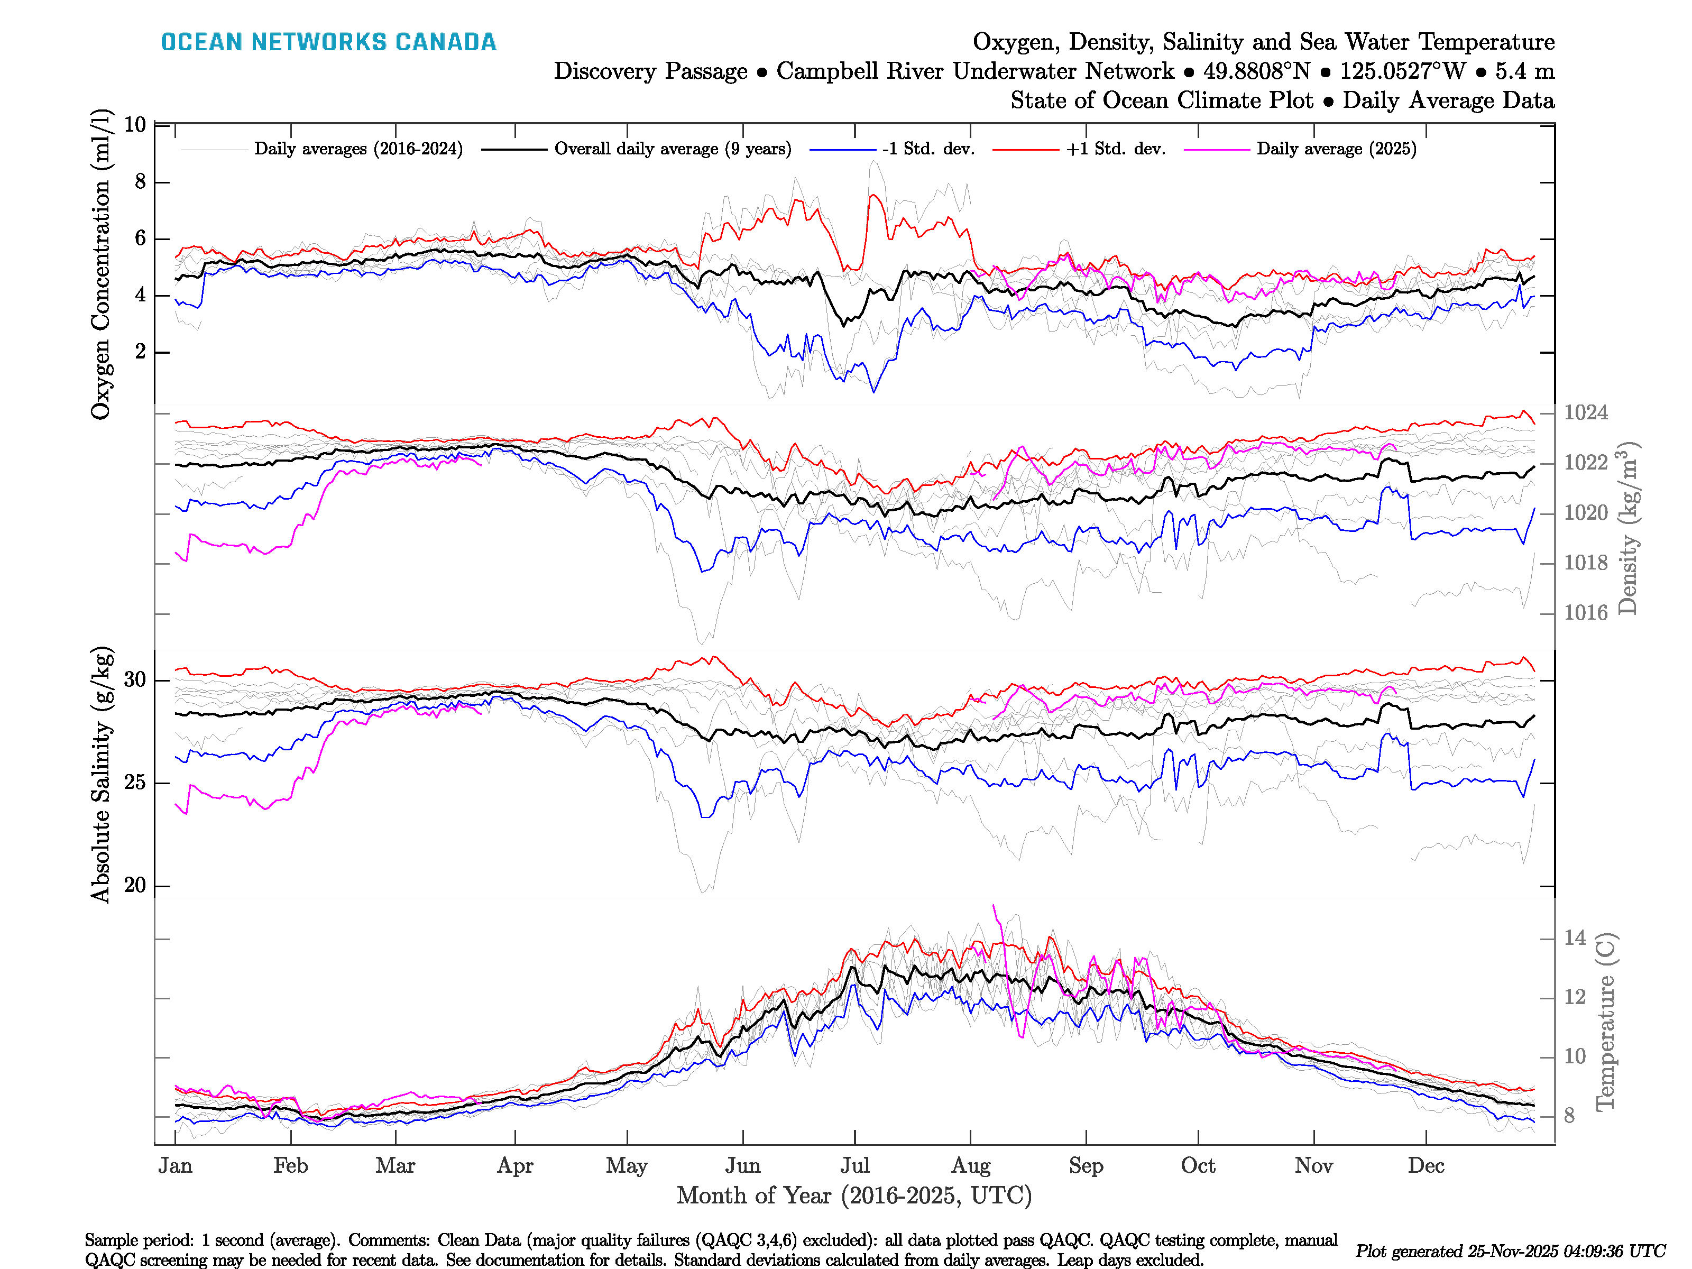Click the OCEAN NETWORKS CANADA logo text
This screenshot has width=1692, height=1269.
pyautogui.click(x=328, y=42)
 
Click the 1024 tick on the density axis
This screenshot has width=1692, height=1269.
pyautogui.click(x=1585, y=413)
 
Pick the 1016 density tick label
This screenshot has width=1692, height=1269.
pyautogui.click(x=1585, y=613)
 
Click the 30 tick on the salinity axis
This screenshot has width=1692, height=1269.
pyautogui.click(x=135, y=679)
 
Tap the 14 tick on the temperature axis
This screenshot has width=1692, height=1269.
pyautogui.click(x=1574, y=938)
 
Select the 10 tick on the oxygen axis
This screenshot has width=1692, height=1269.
pyautogui.click(x=135, y=125)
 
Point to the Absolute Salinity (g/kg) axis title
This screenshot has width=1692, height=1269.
pyautogui.click(x=100, y=775)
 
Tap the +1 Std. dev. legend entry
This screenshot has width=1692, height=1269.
pyautogui.click(x=1115, y=149)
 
